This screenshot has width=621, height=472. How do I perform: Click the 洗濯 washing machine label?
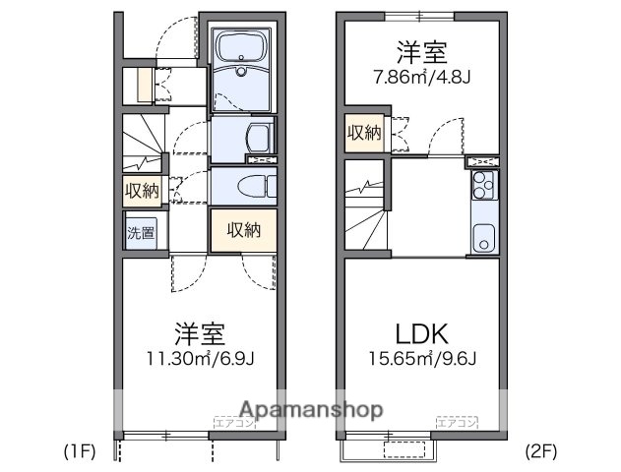pyautogui.click(x=141, y=233)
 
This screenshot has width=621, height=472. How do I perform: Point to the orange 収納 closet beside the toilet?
pyautogui.click(x=242, y=232)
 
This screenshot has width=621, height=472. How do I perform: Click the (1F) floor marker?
pyautogui.click(x=79, y=453)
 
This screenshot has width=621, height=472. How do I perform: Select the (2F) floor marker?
pyautogui.click(x=539, y=453)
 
